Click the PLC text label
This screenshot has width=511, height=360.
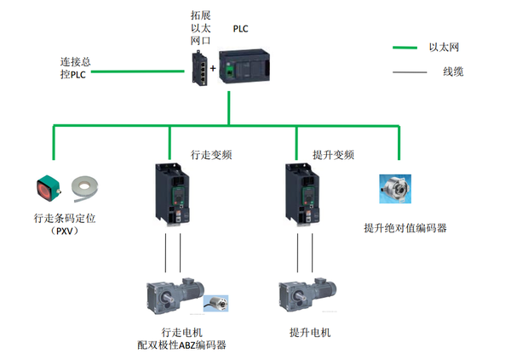click(240, 28)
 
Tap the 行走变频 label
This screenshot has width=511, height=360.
click(211, 156)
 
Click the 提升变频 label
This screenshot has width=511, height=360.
click(333, 156)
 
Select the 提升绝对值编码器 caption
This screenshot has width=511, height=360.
click(405, 228)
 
